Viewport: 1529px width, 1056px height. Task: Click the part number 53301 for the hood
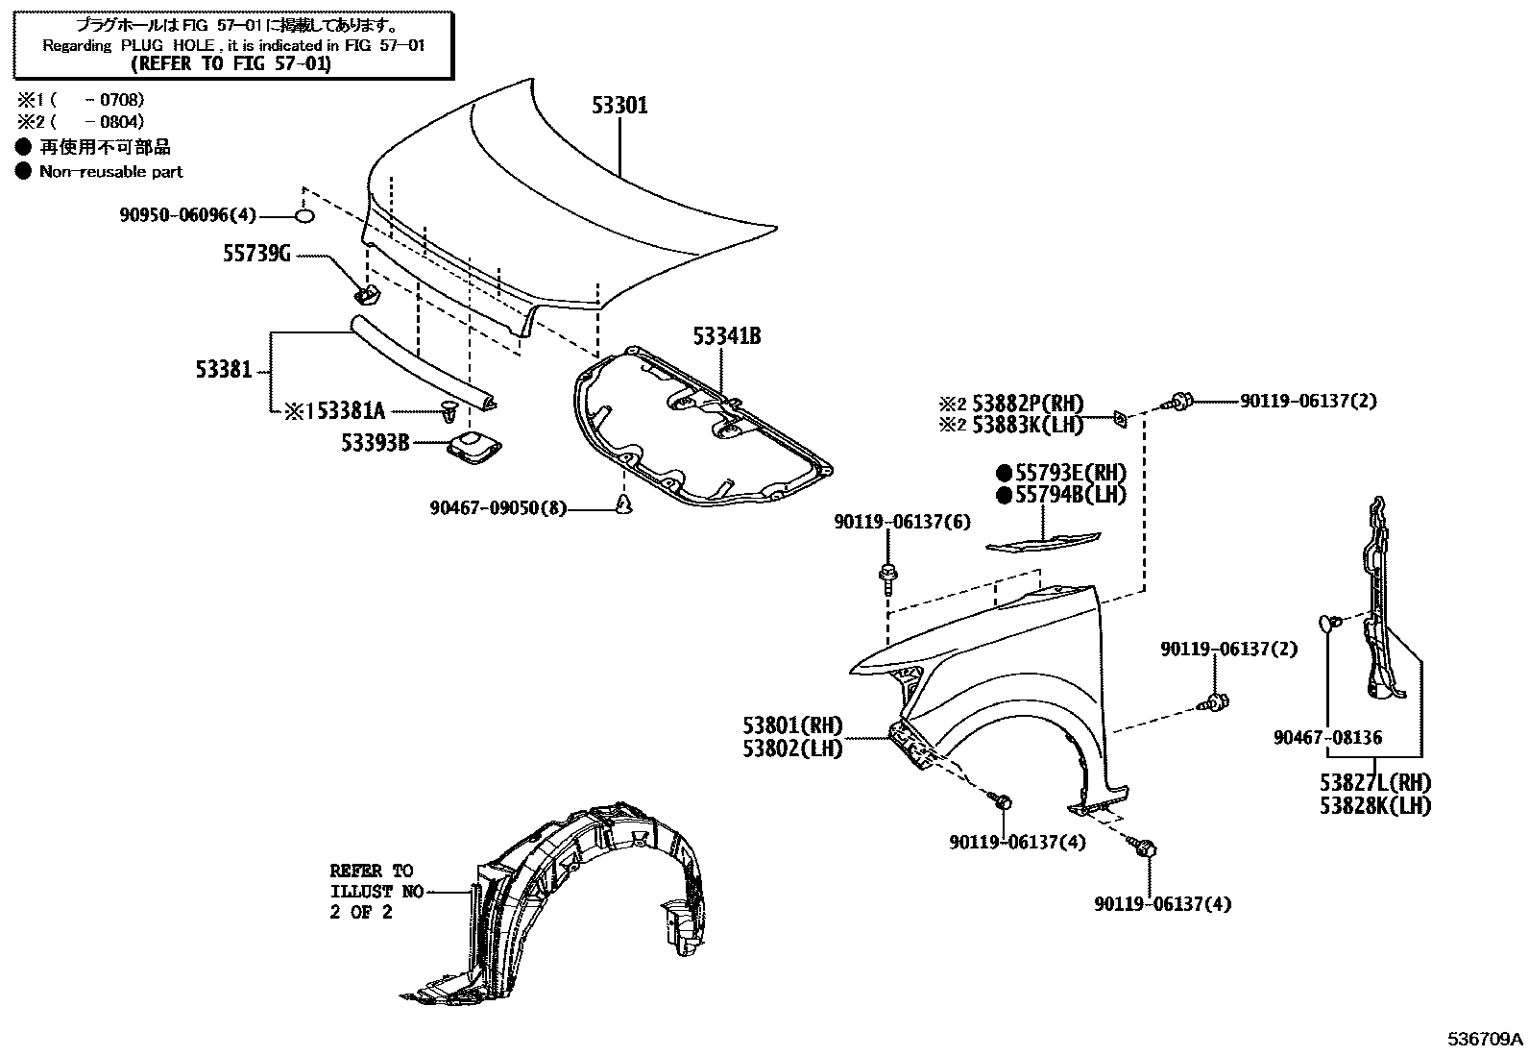(619, 106)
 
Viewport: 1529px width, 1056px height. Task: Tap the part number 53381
(224, 370)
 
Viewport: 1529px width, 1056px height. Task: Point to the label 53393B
(376, 443)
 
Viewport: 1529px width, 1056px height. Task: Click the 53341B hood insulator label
(727, 336)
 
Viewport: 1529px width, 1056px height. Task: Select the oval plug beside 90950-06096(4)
(303, 216)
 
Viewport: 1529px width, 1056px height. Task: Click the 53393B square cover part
(473, 448)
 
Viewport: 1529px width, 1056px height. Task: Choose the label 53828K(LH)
(1374, 806)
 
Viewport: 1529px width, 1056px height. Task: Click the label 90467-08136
(1328, 738)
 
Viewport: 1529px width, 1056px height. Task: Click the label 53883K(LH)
(1027, 425)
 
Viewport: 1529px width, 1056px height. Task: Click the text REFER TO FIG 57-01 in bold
(231, 64)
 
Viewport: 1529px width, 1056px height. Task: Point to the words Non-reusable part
(110, 172)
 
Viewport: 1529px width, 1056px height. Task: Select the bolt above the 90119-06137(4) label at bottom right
(1147, 848)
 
